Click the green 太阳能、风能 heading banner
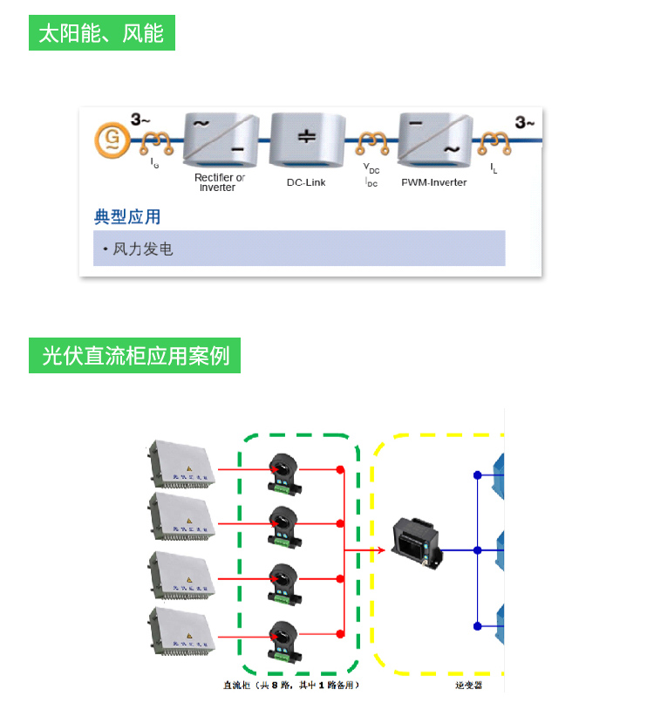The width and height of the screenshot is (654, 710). [102, 33]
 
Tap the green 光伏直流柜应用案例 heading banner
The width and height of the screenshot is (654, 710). [135, 356]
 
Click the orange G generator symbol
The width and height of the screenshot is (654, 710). [112, 139]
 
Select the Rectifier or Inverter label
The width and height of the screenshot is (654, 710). [219, 182]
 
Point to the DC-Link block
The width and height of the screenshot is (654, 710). [306, 140]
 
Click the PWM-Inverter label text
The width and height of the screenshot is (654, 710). [434, 182]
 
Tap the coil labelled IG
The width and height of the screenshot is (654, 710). [157, 140]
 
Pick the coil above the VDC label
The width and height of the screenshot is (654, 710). [372, 140]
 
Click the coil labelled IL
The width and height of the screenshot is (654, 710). [494, 140]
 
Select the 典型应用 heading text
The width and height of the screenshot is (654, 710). [127, 217]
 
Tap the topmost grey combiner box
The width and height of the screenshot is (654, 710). [181, 463]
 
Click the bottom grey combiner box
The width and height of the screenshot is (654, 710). [181, 630]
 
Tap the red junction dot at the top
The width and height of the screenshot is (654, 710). [340, 470]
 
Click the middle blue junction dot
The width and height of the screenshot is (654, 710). [478, 550]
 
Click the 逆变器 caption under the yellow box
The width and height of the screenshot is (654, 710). [468, 686]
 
